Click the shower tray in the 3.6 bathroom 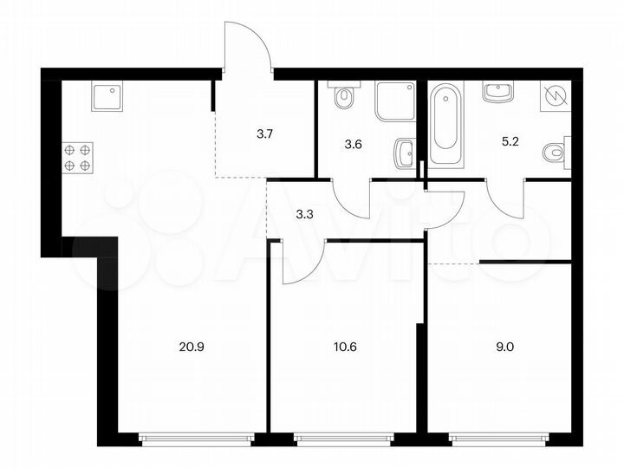394,102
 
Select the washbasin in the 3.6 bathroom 403,154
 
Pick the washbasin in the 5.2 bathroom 500,92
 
